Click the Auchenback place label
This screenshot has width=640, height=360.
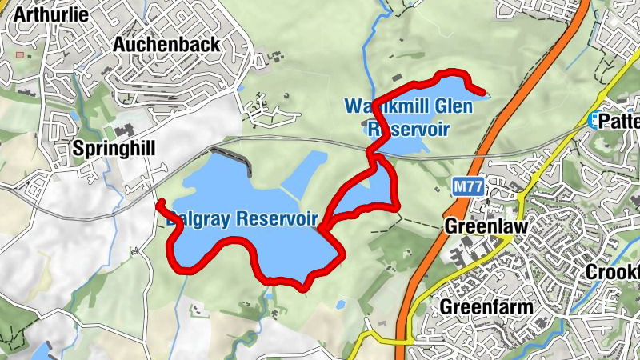tap(166, 45)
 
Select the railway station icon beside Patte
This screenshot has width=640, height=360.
tap(593, 120)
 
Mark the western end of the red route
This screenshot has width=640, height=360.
tap(159, 202)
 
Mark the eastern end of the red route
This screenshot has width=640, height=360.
tap(486, 94)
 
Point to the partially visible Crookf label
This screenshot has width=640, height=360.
tap(613, 271)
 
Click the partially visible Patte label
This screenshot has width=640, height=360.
tap(621, 121)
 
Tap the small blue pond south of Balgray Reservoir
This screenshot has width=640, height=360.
tap(341, 305)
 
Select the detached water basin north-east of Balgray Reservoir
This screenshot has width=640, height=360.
tap(306, 172)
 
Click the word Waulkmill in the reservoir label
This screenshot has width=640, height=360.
tap(379, 106)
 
